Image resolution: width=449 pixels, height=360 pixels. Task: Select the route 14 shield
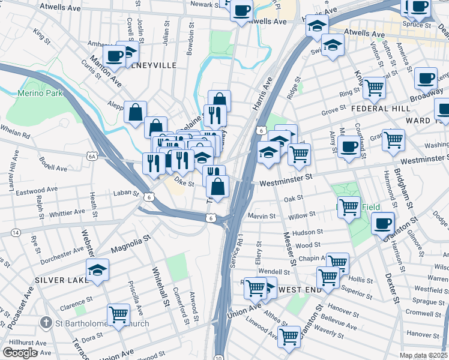pos(14,232)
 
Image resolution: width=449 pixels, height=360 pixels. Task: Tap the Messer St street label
pos(288,250)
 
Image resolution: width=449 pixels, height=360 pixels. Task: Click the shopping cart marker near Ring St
pos(375,87)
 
